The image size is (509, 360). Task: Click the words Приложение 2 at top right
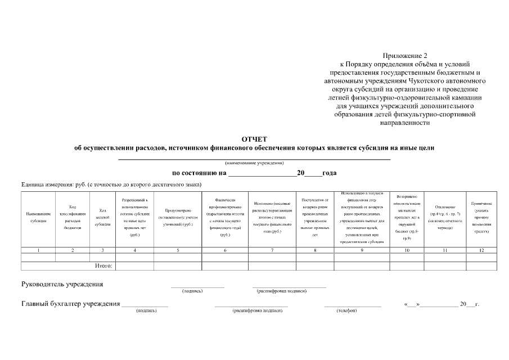405,56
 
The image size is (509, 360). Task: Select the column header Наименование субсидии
38,217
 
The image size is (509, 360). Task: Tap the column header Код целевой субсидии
102,217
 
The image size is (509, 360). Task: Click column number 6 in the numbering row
225,250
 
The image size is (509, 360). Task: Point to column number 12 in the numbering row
481,250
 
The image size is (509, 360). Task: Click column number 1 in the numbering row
38,250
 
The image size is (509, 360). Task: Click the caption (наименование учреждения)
254,163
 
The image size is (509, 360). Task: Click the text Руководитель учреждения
62,284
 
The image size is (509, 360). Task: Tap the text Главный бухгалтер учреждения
71,304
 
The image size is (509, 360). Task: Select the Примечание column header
481,217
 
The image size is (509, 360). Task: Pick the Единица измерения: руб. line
111,184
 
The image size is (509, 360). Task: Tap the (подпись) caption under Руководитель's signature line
192,291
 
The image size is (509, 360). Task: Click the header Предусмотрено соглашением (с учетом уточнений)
178,217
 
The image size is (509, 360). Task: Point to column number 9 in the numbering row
362,250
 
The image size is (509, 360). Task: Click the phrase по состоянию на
199,173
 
